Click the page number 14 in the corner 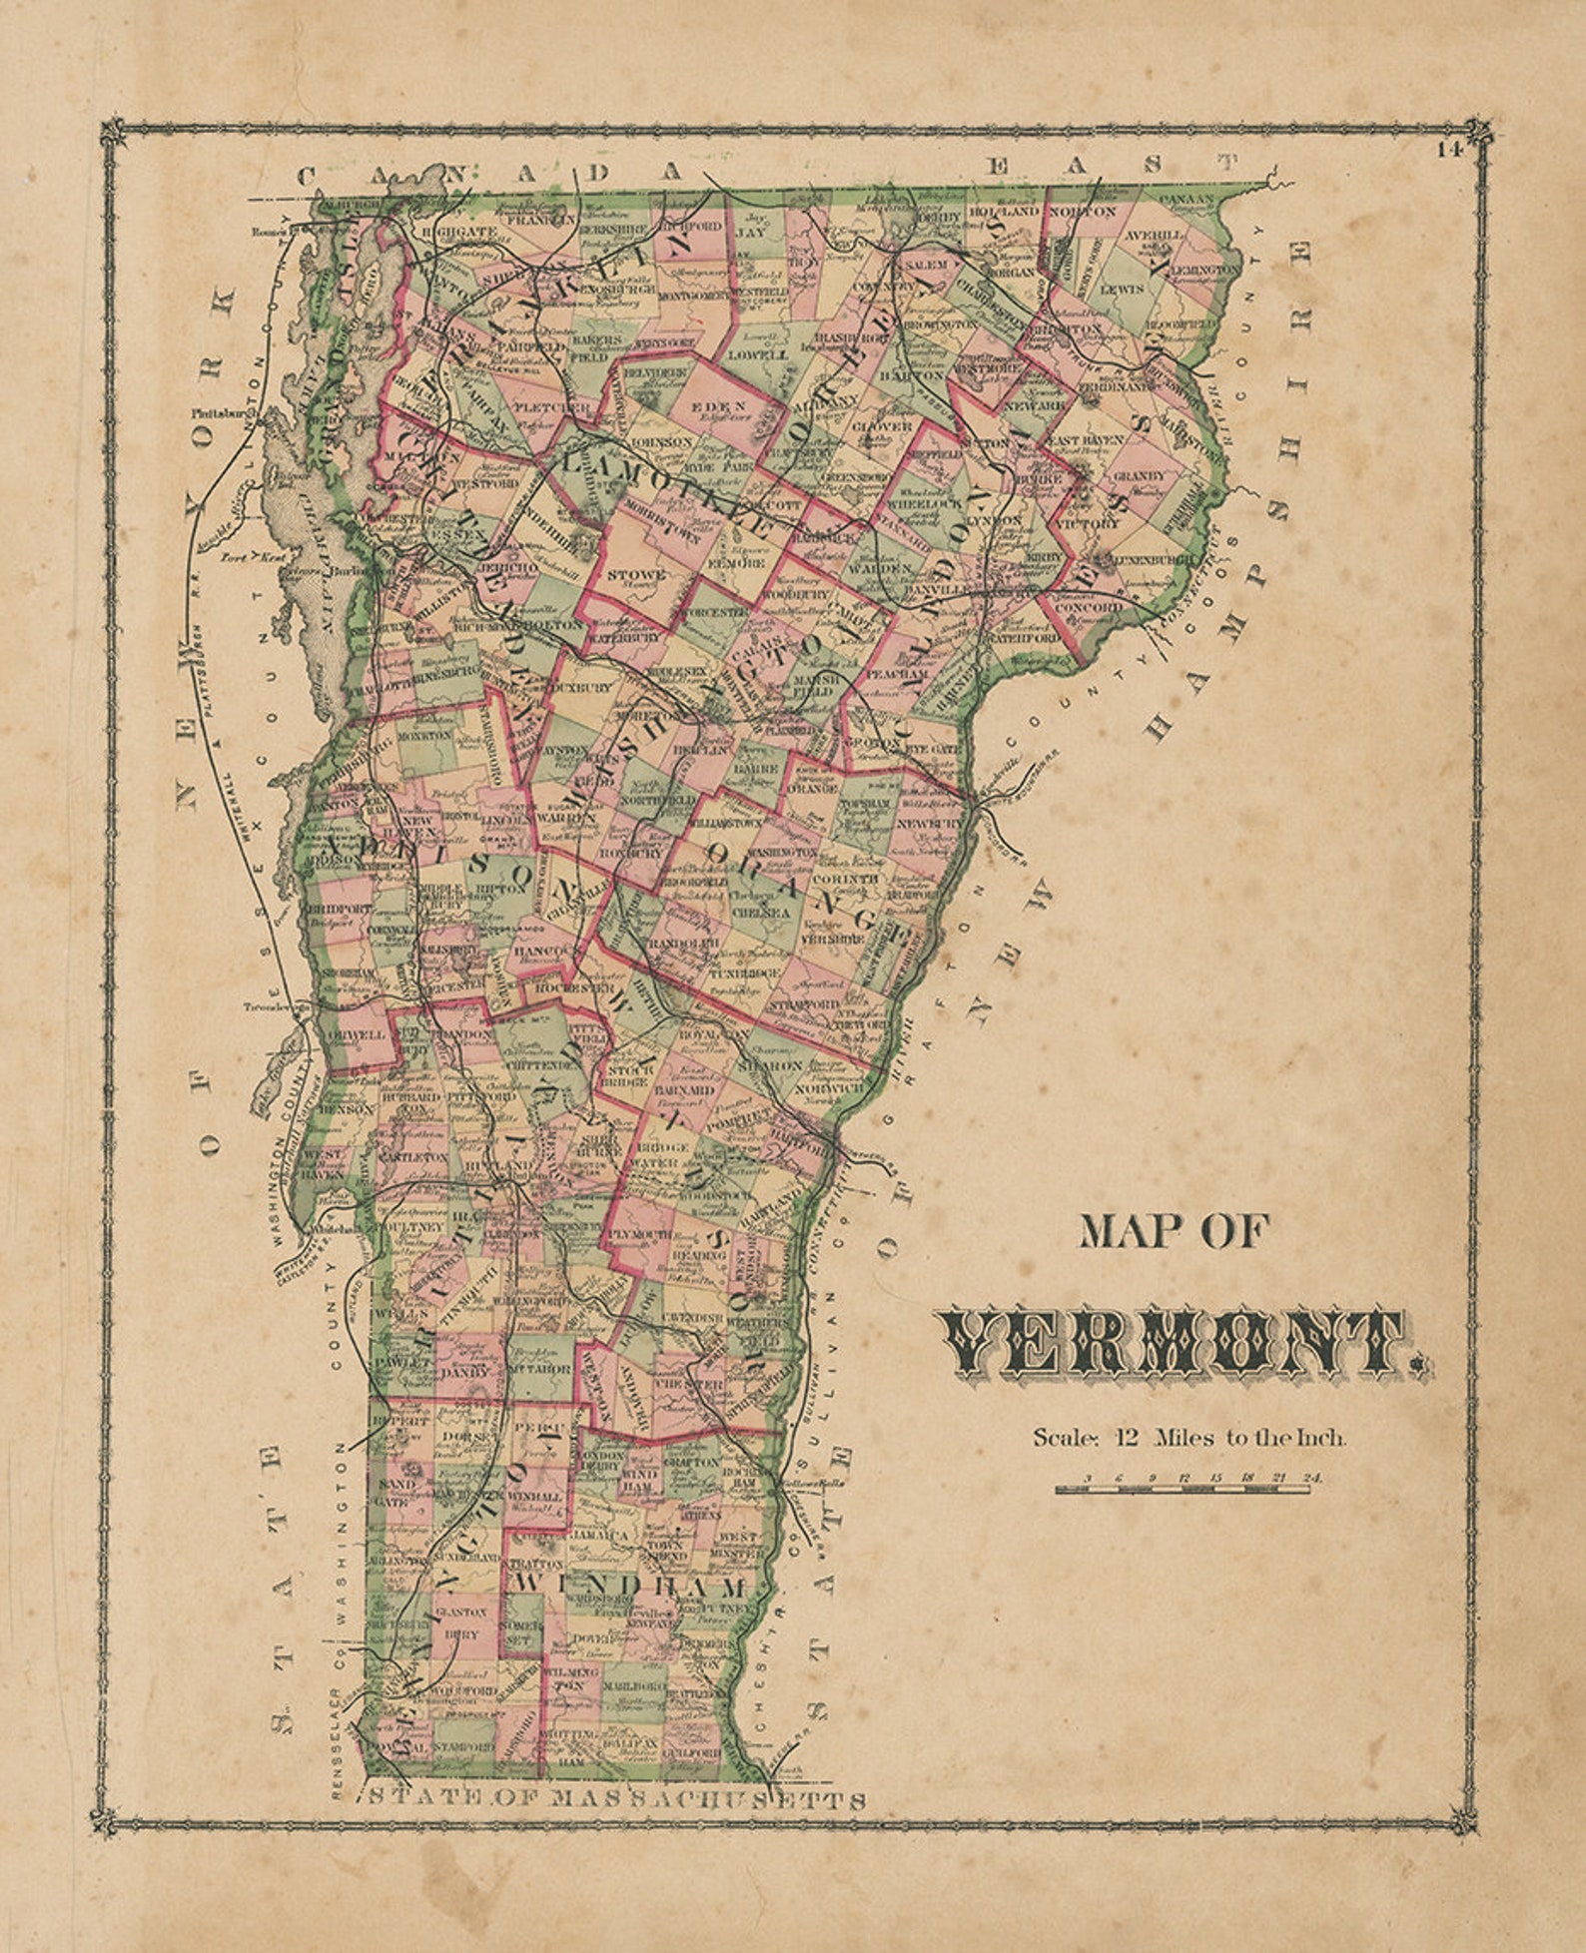pos(1449,151)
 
